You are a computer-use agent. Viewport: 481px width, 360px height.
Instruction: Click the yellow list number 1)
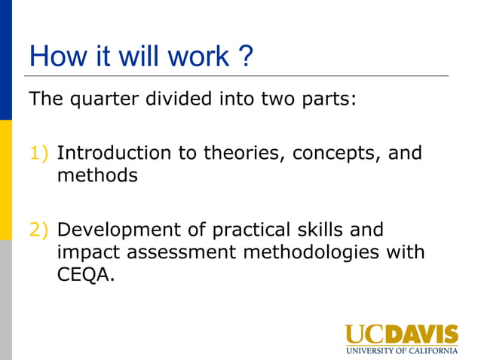coord(39,154)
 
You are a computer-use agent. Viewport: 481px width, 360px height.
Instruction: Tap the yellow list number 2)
coord(39,230)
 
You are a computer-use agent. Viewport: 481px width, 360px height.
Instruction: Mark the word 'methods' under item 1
coord(97,176)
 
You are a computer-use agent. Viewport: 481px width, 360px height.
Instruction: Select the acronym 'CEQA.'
coord(86,275)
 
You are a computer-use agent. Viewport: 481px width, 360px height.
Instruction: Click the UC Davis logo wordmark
coord(401,334)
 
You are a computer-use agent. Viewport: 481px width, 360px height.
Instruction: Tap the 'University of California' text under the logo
coord(401,350)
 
